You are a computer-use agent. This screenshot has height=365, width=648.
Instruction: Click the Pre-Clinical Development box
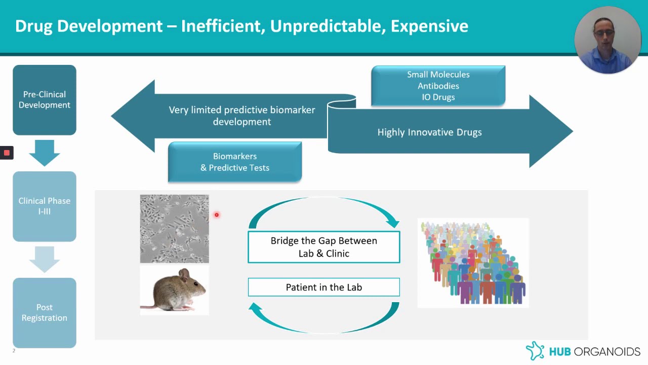[45, 100]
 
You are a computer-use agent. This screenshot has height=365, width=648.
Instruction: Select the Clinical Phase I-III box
[45, 206]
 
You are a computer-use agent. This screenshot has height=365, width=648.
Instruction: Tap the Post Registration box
[45, 313]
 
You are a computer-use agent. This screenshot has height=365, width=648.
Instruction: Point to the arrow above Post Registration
[45, 259]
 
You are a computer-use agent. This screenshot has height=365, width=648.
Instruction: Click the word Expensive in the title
[429, 26]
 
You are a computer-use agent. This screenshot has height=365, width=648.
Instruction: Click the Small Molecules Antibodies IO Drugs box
[438, 86]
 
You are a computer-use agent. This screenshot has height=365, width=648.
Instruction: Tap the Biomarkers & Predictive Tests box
[235, 162]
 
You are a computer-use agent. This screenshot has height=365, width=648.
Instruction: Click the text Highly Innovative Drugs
[429, 132]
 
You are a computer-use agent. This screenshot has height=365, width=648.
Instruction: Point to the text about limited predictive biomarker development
[241, 116]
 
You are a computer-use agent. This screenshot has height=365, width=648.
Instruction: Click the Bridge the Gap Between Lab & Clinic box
[324, 247]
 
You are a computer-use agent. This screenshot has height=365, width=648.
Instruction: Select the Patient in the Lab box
[324, 287]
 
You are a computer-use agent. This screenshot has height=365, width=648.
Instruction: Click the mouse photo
[175, 290]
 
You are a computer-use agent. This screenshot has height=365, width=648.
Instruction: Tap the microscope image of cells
[175, 229]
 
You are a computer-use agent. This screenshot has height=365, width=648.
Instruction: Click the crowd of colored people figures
[473, 263]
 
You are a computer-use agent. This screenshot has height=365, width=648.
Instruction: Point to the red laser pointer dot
[216, 215]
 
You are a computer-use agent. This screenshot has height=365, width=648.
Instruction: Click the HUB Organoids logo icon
[535, 351]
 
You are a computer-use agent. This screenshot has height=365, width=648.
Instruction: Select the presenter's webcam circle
[607, 40]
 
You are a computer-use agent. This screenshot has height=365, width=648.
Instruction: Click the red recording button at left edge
[7, 153]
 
